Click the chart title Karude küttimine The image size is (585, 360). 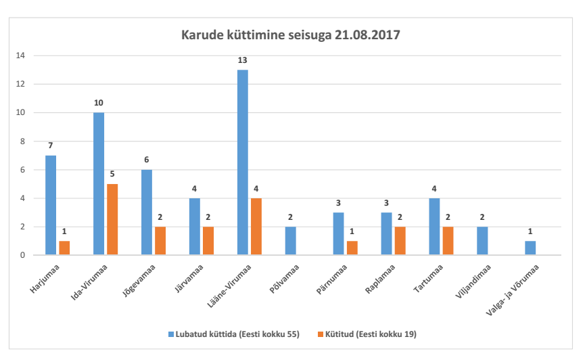tap(291, 35)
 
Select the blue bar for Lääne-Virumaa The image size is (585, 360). tap(242, 162)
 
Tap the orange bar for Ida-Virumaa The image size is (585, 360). tap(112, 219)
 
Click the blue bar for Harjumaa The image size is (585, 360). tap(51, 205)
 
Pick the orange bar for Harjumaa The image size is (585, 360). tap(64, 248)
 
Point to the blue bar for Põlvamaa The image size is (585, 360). tap(290, 241)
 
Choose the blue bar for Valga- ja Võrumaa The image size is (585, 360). tap(530, 248)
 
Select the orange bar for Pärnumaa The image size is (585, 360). tap(352, 248)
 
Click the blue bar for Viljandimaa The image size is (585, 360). tap(482, 241)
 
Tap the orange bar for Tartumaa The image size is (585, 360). tap(448, 241)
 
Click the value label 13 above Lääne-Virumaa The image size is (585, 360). tap(242, 60)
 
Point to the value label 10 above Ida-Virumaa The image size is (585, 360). tap(99, 103)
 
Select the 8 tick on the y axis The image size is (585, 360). tap(23, 141)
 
